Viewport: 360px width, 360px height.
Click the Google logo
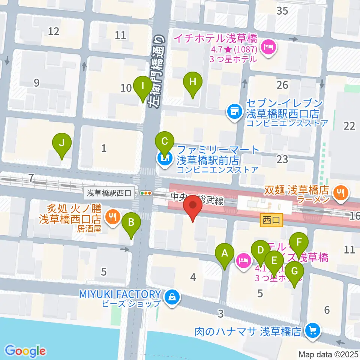click(25, 351)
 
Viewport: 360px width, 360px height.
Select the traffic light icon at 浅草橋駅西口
click(146, 193)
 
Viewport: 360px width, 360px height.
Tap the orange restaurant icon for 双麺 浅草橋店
click(341, 193)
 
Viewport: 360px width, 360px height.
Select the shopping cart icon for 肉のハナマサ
click(312, 330)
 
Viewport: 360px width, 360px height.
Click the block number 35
click(282, 11)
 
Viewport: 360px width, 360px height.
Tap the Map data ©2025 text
click(328, 354)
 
